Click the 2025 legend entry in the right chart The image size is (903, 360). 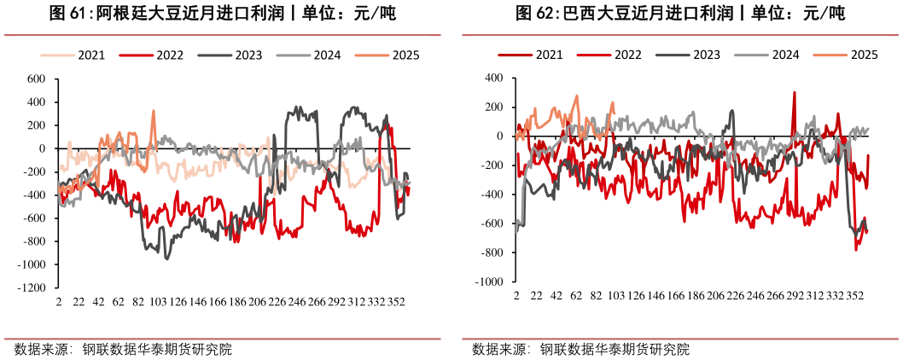click(x=865, y=55)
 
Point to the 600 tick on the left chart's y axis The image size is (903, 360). click(x=35, y=79)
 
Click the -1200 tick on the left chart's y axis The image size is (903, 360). click(x=30, y=288)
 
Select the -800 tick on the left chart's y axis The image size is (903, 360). click(x=32, y=242)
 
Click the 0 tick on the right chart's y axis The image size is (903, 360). click(x=498, y=136)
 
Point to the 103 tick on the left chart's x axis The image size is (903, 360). click(x=158, y=302)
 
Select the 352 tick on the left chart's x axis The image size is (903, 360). click(x=396, y=302)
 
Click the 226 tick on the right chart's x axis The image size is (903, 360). click(x=734, y=295)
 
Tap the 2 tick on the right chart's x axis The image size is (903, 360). click(x=516, y=295)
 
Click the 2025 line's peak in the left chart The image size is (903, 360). click(x=154, y=110)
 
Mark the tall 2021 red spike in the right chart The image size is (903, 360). click(x=795, y=92)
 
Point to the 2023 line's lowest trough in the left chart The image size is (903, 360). click(x=166, y=258)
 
